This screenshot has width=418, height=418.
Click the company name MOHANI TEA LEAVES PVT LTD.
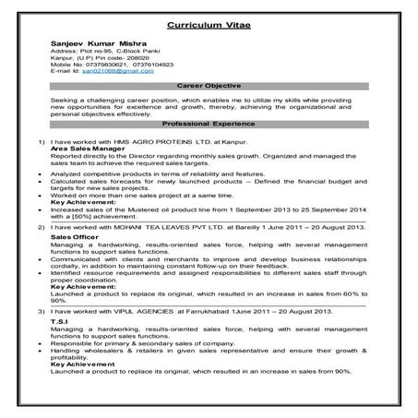pos(161,225)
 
